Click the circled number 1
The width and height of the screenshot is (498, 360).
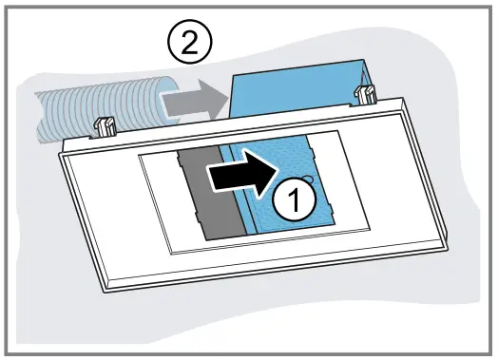pyautogui.click(x=295, y=200)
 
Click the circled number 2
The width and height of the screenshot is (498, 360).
pyautogui.click(x=185, y=42)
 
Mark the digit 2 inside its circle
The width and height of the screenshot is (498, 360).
pyautogui.click(x=185, y=42)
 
